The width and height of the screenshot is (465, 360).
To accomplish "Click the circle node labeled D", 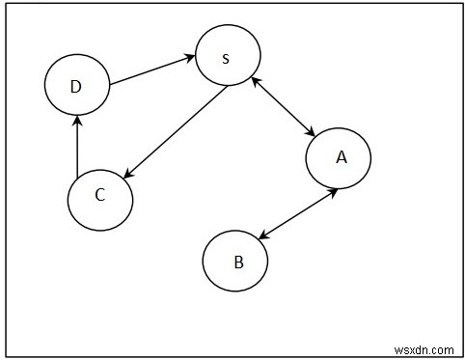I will pos(76,86).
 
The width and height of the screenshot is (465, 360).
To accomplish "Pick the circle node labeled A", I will pos(339,158).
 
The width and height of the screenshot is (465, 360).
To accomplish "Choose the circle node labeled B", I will pos(235,259).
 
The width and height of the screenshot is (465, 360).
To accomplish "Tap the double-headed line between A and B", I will pos(298,211).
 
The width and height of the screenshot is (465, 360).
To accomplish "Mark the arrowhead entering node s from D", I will pos(188,60).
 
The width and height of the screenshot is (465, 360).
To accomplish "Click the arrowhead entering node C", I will pos(128,174).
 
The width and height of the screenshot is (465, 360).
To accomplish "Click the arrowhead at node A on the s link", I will pos(312,134).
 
